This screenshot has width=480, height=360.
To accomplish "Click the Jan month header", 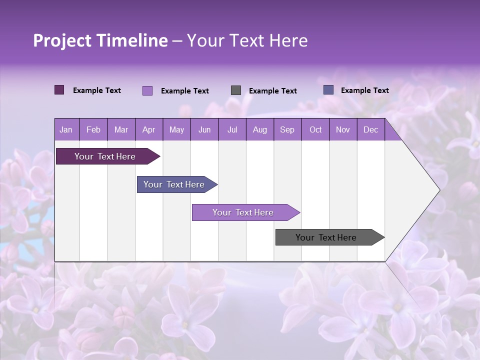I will (x=66, y=130).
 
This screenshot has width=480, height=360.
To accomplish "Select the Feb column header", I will (x=93, y=130).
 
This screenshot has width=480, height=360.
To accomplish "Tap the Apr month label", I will (x=148, y=130).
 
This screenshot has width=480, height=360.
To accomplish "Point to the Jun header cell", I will (x=204, y=130).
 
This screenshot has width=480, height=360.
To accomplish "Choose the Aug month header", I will (x=259, y=130).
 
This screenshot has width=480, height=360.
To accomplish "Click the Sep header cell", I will (x=287, y=130).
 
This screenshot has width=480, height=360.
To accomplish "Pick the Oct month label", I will (x=315, y=130).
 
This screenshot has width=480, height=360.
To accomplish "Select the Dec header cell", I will (x=370, y=130).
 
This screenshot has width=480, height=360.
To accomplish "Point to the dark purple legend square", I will (x=59, y=90).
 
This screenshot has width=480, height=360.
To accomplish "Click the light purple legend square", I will (x=147, y=90).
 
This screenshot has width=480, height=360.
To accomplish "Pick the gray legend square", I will (x=236, y=90).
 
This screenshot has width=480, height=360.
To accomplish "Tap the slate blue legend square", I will (x=328, y=90).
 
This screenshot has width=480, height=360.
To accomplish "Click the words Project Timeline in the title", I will (x=100, y=40).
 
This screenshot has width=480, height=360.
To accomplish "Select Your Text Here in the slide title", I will (x=247, y=40).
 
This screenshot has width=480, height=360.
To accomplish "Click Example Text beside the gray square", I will (x=272, y=91).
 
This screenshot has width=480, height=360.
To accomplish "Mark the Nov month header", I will (x=343, y=130).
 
